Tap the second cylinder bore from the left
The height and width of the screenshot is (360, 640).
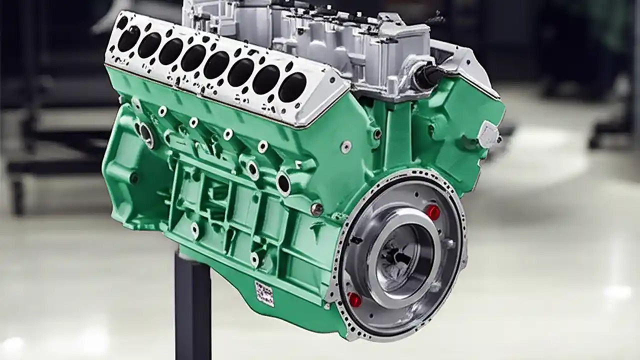pos(149,45)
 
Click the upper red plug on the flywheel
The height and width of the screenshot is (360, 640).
pos(433,212)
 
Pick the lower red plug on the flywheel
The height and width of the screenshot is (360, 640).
pos(354,300)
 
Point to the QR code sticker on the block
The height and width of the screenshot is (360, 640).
pos(264,293)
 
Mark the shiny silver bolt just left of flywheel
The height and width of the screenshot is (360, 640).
pos(316,209)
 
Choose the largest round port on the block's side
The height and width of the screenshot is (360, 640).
pos(283,183)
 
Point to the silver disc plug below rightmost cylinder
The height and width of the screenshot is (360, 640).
pos(346,146)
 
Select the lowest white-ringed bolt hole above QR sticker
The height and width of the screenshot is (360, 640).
pos(254,259)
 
